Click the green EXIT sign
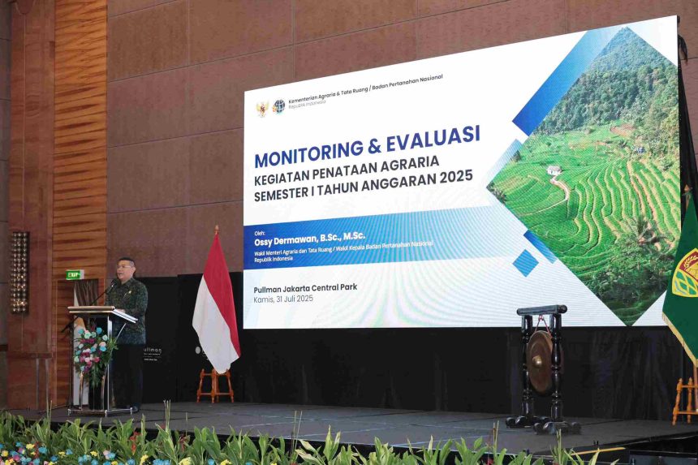(75, 274)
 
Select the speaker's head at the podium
(126, 269)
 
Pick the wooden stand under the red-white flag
(215, 385)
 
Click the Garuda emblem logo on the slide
(262, 108)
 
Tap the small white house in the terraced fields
(554, 170)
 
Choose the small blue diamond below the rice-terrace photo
(525, 262)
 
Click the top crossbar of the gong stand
(542, 310)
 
